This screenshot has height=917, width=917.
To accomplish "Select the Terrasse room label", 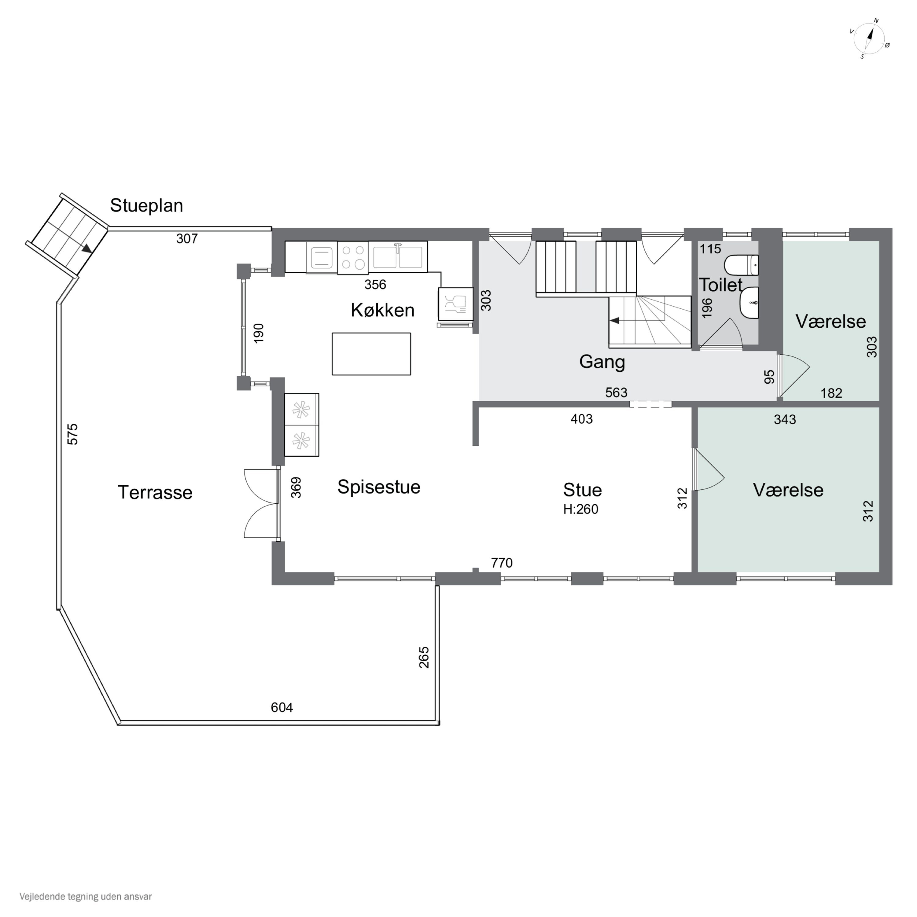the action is click(x=155, y=493).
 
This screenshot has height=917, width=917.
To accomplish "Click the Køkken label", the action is click(x=383, y=311).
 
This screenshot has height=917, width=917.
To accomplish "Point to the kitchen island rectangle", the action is click(x=371, y=354).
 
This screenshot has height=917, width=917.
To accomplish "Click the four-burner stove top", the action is click(x=353, y=258).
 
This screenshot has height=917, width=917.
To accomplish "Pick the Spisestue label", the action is click(x=379, y=487).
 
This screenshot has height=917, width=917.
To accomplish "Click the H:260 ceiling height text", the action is click(x=580, y=509).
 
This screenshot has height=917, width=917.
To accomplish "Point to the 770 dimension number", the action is click(x=502, y=563).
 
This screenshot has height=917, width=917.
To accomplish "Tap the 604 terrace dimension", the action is click(x=282, y=708).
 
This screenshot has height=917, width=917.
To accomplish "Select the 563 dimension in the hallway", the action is click(x=616, y=392).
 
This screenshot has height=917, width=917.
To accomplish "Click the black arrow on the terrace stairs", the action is click(x=87, y=248).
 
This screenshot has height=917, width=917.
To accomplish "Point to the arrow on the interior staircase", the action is click(x=615, y=321).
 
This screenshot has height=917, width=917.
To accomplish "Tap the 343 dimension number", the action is click(x=785, y=420).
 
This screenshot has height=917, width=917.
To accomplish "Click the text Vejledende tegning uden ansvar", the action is click(x=86, y=897).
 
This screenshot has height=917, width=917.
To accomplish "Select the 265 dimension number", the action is click(x=424, y=657).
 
